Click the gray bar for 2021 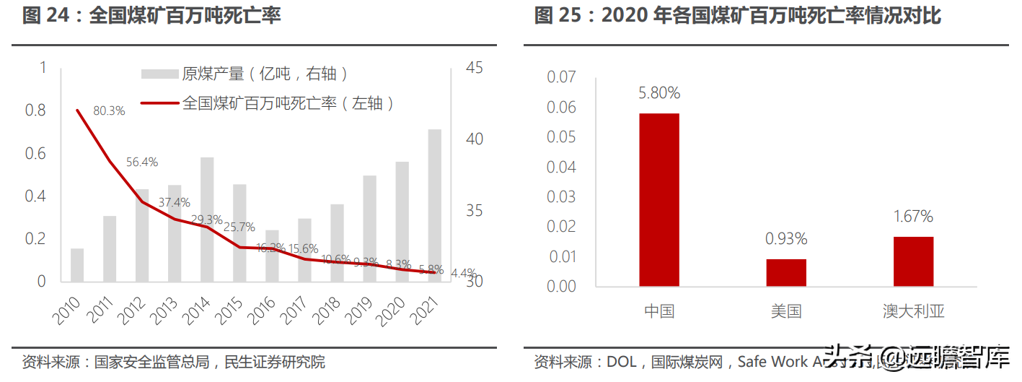tap(435, 206)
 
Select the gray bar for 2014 tap(207, 220)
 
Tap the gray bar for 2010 tap(77, 265)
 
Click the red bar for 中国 tap(658, 199)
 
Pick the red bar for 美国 tap(786, 272)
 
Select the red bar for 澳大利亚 tap(913, 261)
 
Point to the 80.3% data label tap(109, 111)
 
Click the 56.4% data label tap(142, 162)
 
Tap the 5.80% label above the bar tap(658, 93)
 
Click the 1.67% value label tap(913, 217)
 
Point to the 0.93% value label tap(786, 239)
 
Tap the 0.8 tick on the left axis tap(35, 110)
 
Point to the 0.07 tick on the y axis tap(562, 77)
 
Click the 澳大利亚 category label tap(913, 312)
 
